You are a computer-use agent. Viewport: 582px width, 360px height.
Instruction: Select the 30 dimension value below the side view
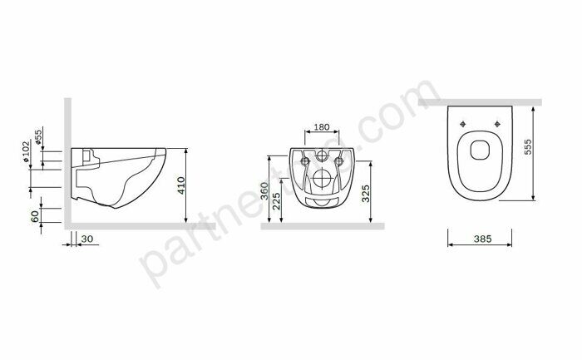point(87,239)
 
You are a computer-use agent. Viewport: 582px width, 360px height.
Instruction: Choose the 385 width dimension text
point(484,239)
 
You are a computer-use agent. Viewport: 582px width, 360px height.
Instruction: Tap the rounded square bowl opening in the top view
point(480,150)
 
